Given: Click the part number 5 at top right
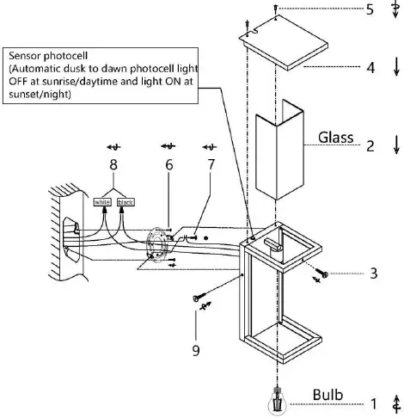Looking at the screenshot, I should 370,10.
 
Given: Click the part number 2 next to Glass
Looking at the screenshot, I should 370,145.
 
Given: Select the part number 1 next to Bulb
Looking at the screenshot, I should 372,401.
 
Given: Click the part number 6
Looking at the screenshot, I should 168,163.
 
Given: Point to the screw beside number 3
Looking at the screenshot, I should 321,276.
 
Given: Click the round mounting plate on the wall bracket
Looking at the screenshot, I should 156,243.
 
